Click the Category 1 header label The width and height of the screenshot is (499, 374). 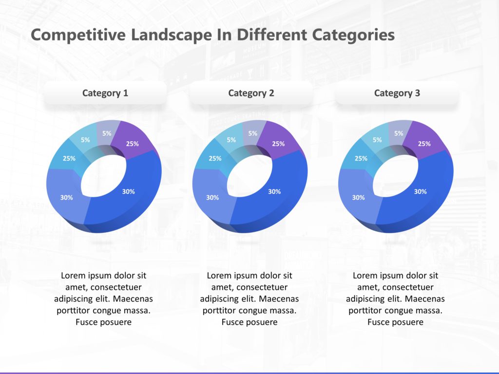(x=105, y=93)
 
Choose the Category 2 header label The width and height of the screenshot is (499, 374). (x=251, y=93)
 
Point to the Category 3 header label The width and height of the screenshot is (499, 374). (x=397, y=93)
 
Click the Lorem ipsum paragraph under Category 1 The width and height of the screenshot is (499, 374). (x=103, y=299)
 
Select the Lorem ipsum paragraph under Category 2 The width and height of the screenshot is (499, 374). (x=249, y=299)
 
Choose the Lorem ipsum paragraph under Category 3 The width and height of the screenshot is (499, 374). (x=395, y=299)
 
